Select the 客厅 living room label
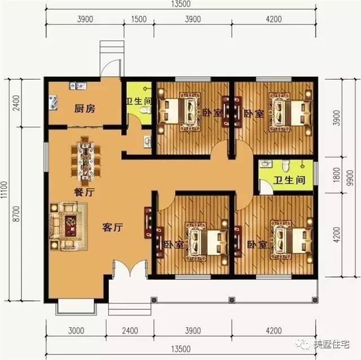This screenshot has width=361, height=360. (x=112, y=227)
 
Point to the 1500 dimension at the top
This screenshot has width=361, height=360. (x=139, y=19)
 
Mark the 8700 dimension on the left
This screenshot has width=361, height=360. (x=22, y=217)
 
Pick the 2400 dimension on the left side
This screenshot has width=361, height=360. (x=22, y=104)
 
